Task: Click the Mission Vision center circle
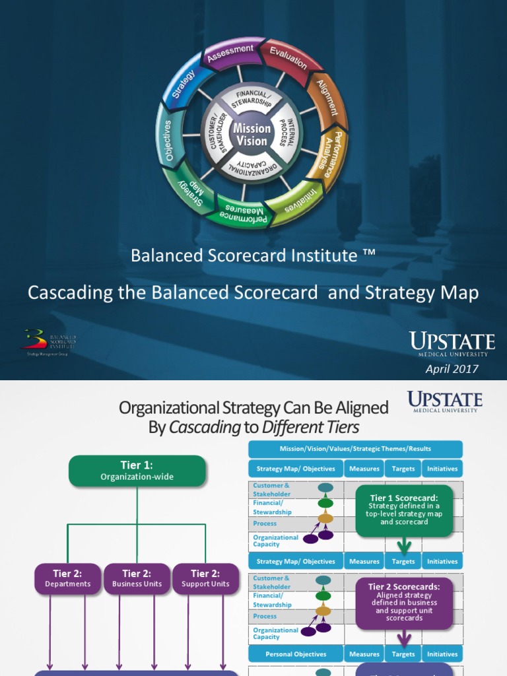click(251, 134)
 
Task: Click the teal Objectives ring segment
click(168, 140)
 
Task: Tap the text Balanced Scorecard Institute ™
click(253, 255)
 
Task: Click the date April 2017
click(452, 368)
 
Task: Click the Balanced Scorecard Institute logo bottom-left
click(50, 342)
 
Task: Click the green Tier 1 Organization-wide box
click(137, 471)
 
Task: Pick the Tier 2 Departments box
click(67, 578)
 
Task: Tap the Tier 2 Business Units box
click(137, 578)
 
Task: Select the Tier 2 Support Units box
click(205, 578)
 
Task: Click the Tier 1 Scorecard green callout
click(405, 510)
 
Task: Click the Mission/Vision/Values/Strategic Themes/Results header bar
click(355, 449)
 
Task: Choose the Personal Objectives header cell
click(296, 654)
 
